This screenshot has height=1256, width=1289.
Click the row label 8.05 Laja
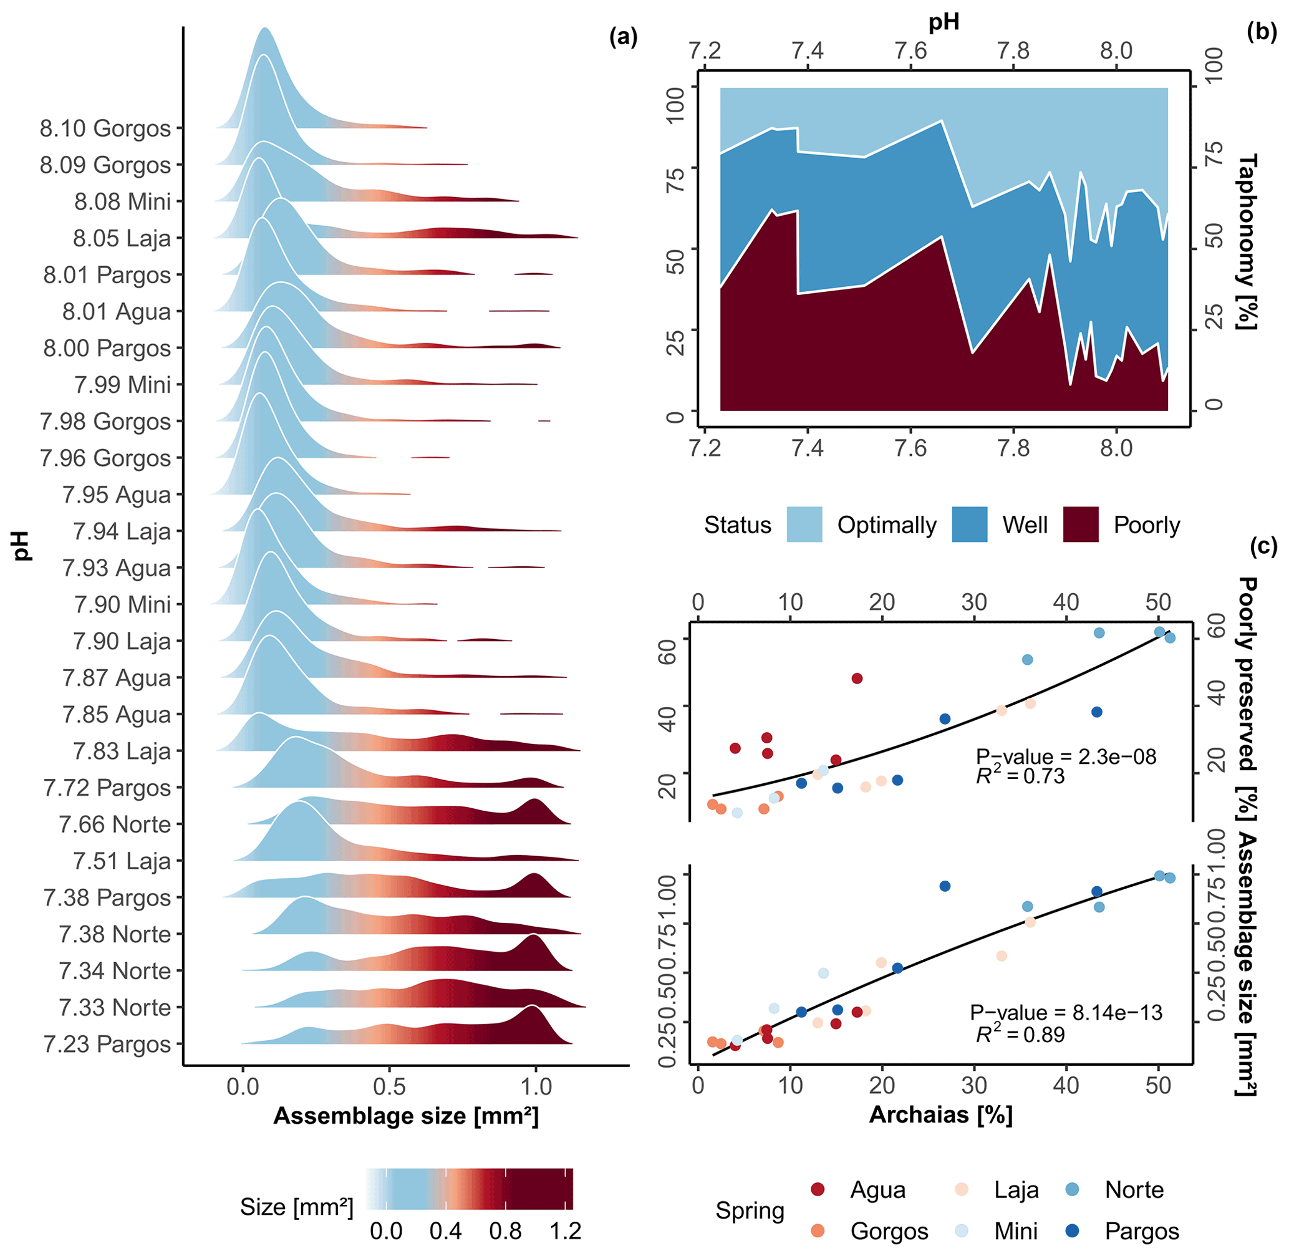click(x=122, y=238)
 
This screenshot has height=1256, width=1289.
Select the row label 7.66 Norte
click(x=115, y=824)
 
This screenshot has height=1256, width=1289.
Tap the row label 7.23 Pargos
click(x=107, y=1044)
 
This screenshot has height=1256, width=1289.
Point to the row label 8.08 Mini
click(x=122, y=201)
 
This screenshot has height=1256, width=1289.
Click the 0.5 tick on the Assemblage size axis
click(x=389, y=1086)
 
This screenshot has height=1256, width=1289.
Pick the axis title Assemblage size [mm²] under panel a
click(x=406, y=1116)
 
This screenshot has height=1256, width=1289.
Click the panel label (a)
click(x=624, y=37)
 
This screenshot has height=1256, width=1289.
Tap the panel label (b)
click(x=1262, y=32)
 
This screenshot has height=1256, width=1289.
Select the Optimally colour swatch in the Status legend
click(x=804, y=524)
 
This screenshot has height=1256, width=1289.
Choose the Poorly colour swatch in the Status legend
click(x=1081, y=524)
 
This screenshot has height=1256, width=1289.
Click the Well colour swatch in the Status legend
click(x=969, y=524)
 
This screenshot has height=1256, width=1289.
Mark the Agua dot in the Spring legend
click(x=818, y=1189)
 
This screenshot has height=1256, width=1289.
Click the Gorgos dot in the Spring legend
click(x=818, y=1231)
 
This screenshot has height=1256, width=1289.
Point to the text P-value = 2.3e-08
click(x=1066, y=756)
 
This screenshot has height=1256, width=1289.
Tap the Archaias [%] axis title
click(x=940, y=1114)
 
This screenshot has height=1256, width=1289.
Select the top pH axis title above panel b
click(x=944, y=22)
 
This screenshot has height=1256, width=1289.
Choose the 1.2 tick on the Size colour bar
click(x=566, y=1231)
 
